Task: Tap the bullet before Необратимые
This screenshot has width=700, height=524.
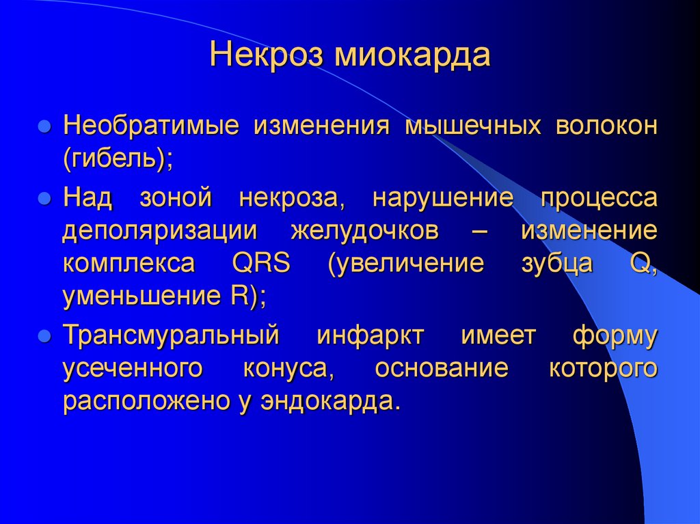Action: [43, 128]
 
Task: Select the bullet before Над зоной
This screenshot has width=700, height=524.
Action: [43, 199]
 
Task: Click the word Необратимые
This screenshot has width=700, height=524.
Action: [151, 127]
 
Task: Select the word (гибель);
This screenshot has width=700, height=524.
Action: [118, 161]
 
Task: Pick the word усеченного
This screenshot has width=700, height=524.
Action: [134, 368]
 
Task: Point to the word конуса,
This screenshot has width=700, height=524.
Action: [288, 368]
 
